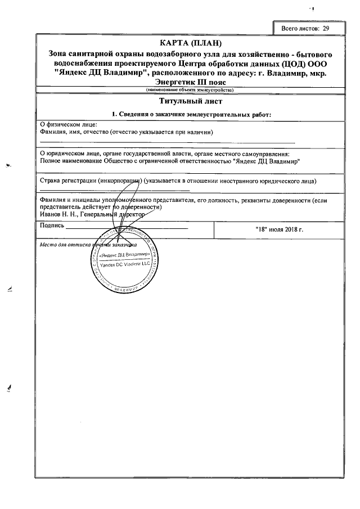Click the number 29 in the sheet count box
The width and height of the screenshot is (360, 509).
point(326,28)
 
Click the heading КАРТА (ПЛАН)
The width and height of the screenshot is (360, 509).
point(191,43)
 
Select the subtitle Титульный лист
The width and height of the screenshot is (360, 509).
point(191,102)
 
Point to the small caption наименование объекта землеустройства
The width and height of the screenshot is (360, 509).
point(191,90)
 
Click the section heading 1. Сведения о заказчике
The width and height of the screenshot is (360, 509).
point(191,115)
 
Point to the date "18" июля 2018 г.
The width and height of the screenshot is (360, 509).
point(279,230)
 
